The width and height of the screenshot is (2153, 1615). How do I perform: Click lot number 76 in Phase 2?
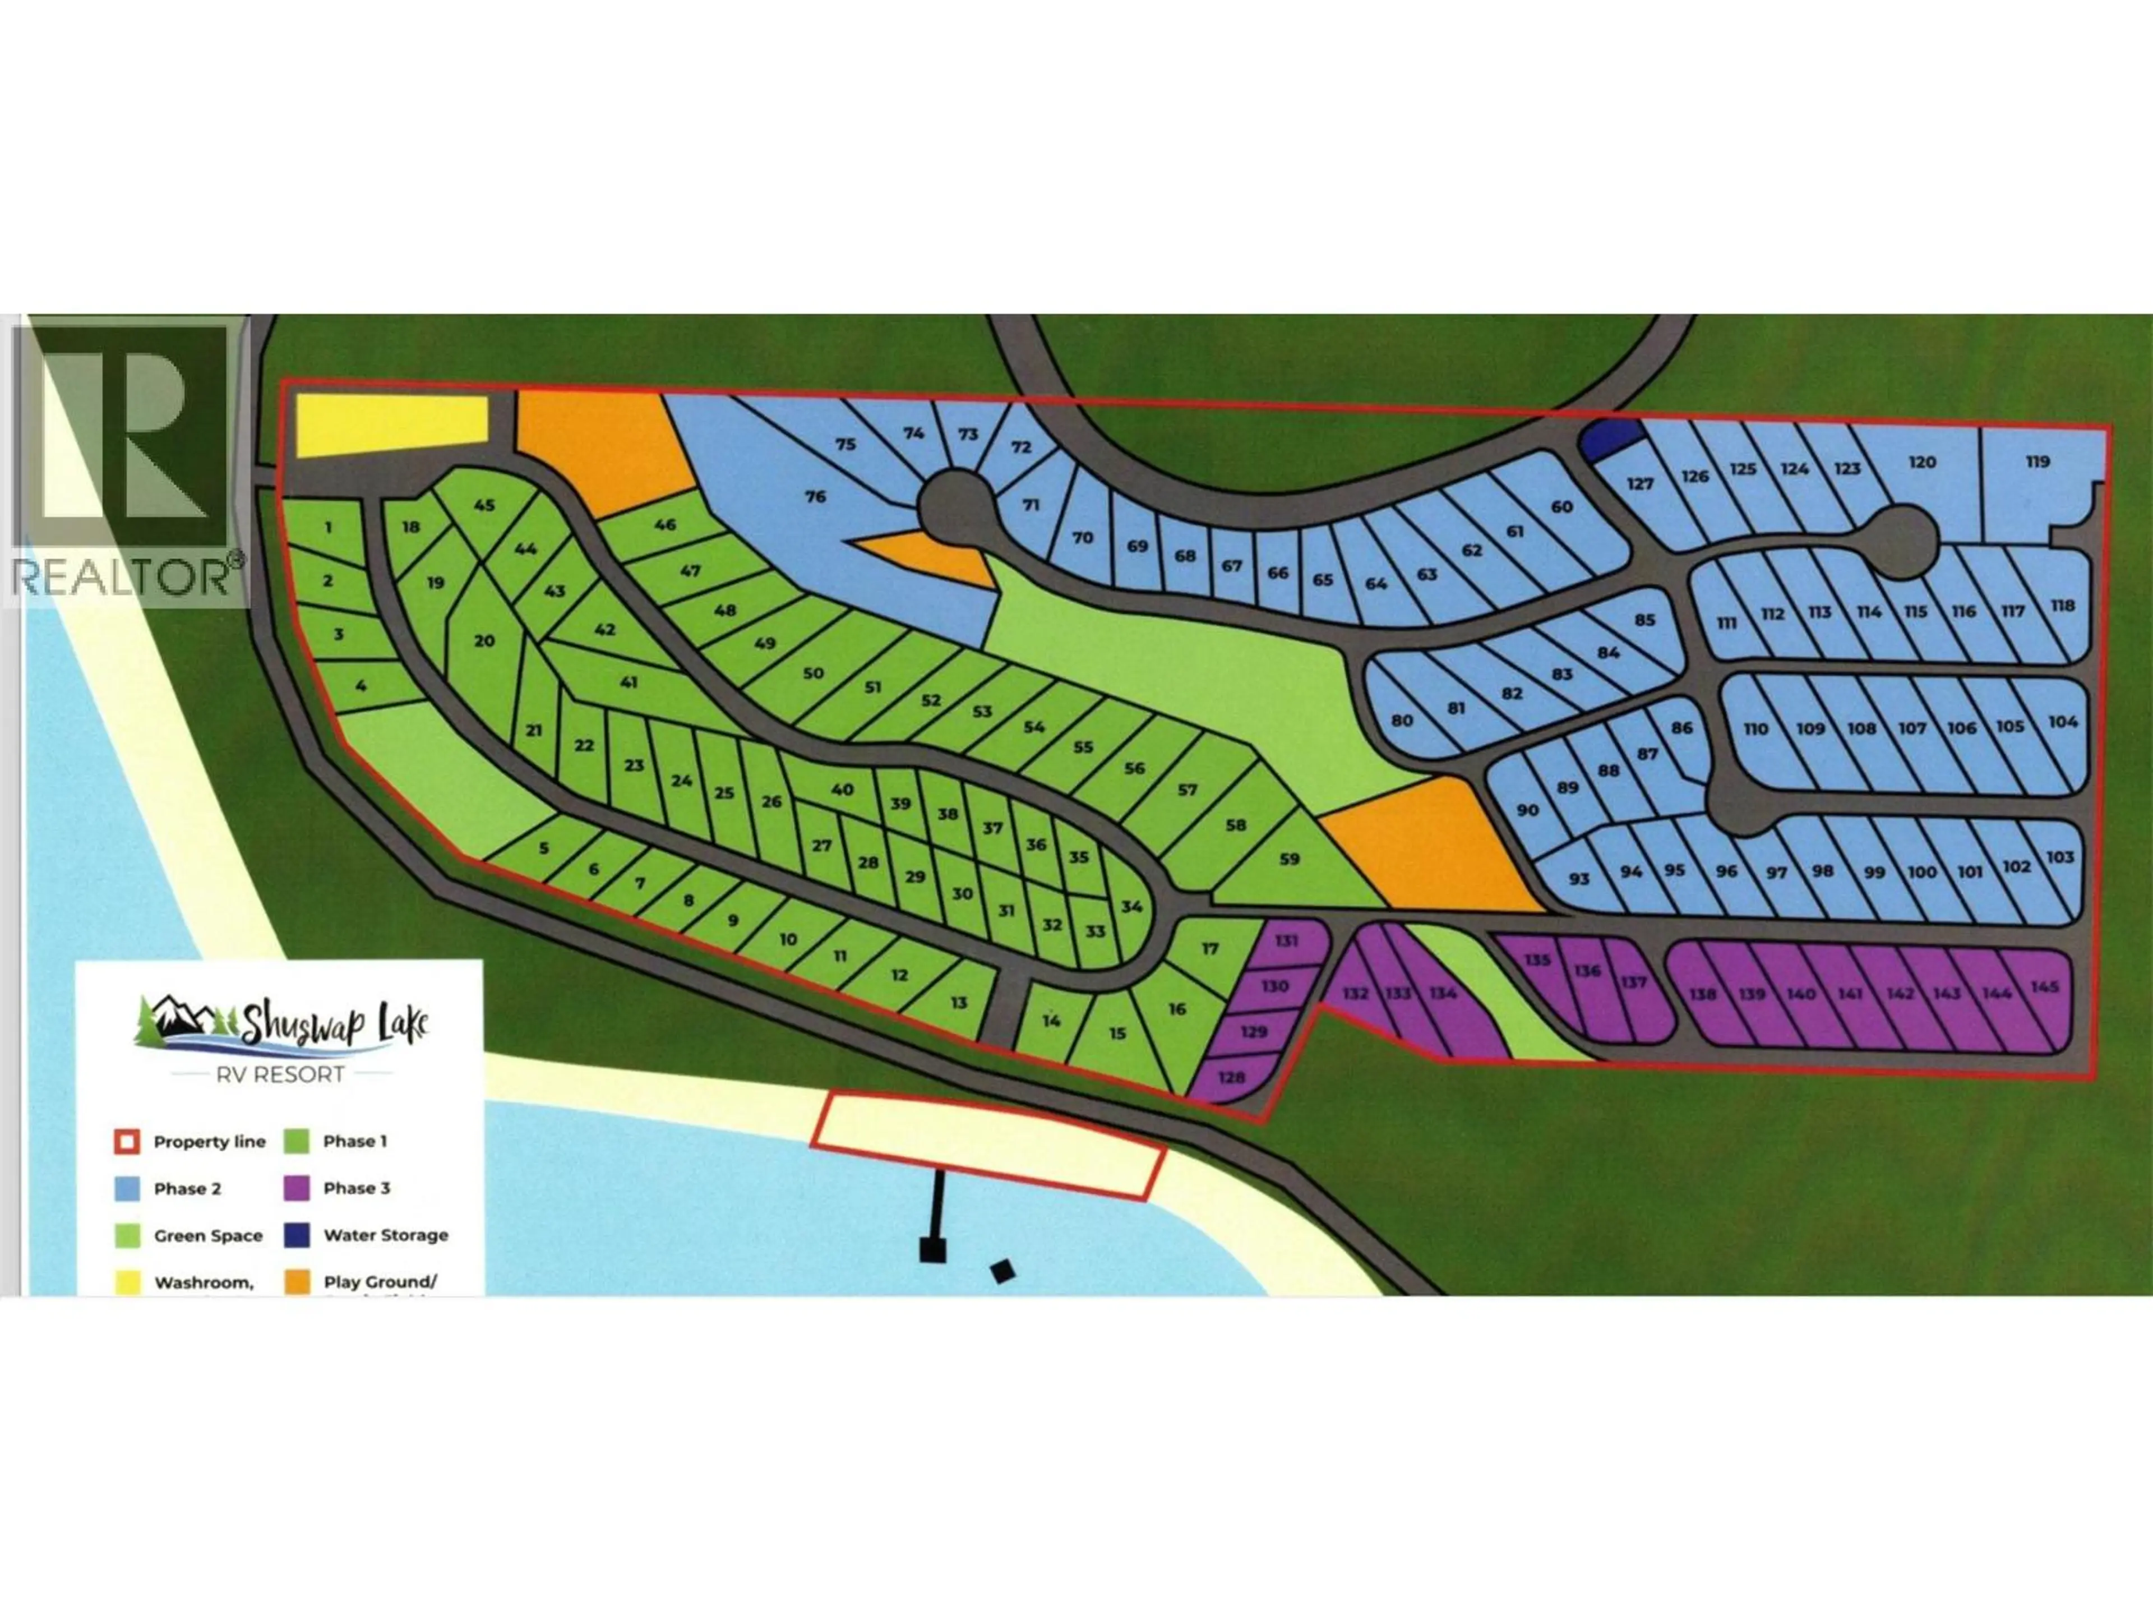[x=816, y=496]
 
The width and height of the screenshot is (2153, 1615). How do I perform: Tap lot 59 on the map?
[x=1288, y=859]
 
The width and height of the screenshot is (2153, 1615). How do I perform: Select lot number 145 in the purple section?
[x=2045, y=987]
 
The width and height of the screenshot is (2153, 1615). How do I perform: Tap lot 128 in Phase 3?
[x=1231, y=1078]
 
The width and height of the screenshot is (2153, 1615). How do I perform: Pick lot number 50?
[x=813, y=673]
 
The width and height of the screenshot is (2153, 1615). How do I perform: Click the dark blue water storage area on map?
[x=1607, y=441]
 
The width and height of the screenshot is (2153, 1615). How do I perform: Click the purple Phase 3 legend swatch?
[x=297, y=1188]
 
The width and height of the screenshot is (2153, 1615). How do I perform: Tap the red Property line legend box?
[x=127, y=1142]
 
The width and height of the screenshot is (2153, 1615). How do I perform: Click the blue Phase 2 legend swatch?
[x=127, y=1189]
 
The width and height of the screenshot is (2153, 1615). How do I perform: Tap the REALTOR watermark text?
[x=124, y=576]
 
